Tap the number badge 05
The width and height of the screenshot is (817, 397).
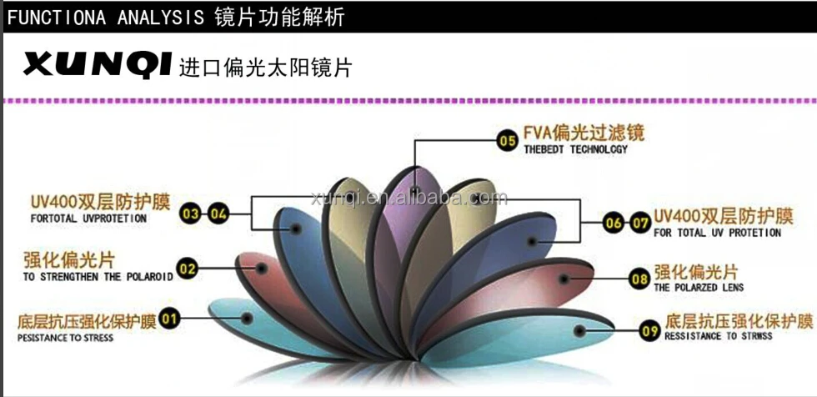click(x=507, y=141)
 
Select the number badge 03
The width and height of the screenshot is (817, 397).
click(x=192, y=214)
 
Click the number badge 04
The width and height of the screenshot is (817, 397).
click(x=218, y=214)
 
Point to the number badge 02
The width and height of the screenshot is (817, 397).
click(x=188, y=268)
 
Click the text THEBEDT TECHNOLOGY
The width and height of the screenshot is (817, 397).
click(x=575, y=150)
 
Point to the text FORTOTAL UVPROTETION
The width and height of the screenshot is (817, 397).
click(x=88, y=219)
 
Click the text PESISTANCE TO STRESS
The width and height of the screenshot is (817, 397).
click(x=65, y=338)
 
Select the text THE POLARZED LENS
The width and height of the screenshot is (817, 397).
click(x=699, y=288)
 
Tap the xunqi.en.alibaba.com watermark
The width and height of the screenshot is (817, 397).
click(x=408, y=198)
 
